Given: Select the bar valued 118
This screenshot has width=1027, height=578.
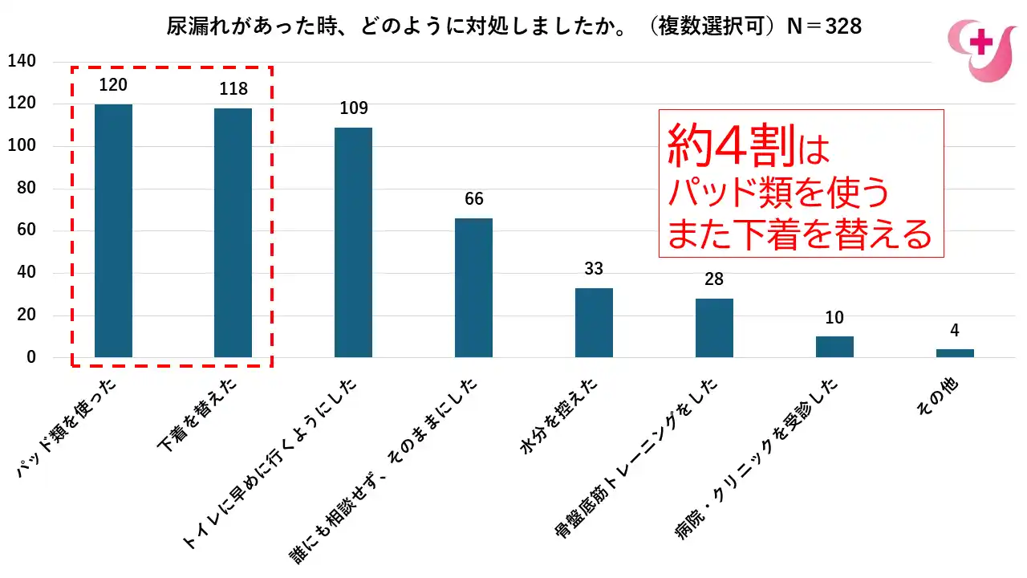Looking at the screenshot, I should (x=233, y=233).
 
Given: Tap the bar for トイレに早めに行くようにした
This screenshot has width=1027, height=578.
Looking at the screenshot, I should (x=353, y=242).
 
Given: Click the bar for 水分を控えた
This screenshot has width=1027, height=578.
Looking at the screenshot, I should (x=594, y=322).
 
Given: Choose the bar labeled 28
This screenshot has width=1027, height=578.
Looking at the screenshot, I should (x=714, y=328).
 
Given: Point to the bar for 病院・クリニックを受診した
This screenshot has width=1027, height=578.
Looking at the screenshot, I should (x=834, y=347).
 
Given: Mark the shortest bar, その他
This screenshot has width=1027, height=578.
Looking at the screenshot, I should (x=955, y=353).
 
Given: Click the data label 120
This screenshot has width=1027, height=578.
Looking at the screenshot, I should (x=113, y=85).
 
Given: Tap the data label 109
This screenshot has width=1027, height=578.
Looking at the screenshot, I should (x=353, y=108).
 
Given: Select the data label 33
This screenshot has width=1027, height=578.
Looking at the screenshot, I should (x=594, y=269).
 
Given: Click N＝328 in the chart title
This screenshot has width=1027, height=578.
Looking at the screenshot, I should (x=823, y=26).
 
